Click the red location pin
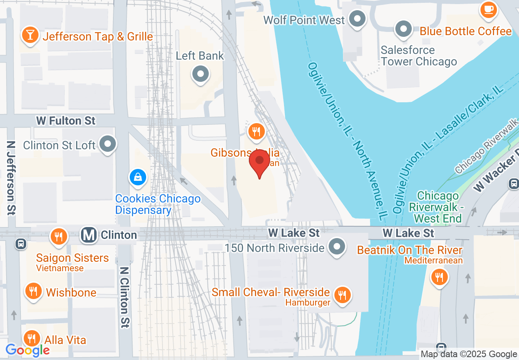pyautogui.click(x=259, y=162)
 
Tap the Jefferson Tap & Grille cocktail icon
pyautogui.click(x=30, y=34)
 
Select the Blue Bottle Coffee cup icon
pyautogui.click(x=488, y=10)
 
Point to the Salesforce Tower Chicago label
pyautogui.click(x=418, y=56)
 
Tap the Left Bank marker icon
pyautogui.click(x=201, y=74)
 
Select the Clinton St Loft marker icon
pyautogui.click(x=108, y=144)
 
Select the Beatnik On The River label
pyautogui.click(x=410, y=250)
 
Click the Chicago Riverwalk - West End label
pyautogui.click(x=438, y=207)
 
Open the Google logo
pyautogui.click(x=28, y=350)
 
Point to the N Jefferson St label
pyautogui.click(x=11, y=178)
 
